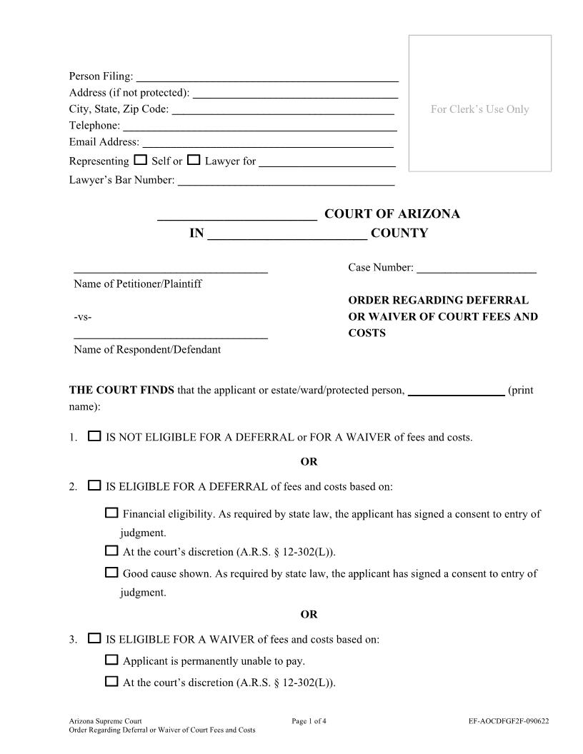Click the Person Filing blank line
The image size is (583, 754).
(266, 77)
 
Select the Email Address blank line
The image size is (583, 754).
(268, 143)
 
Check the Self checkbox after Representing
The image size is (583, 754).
(140, 160)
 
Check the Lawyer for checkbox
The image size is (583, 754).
(194, 160)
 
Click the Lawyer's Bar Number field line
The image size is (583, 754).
(286, 181)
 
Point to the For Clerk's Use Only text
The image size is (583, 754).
(479, 109)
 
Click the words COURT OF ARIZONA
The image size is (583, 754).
(392, 214)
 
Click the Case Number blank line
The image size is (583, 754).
(476, 269)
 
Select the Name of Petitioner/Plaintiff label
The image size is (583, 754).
(138, 284)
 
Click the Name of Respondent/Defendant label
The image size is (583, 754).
(147, 350)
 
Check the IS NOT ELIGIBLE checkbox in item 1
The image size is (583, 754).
(94, 436)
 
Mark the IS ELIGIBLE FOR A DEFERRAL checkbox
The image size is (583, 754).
(94, 486)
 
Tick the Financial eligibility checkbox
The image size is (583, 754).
(111, 513)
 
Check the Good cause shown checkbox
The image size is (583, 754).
(111, 572)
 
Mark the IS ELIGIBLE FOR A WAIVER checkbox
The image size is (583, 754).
(94, 638)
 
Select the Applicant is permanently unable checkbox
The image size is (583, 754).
(111, 660)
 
